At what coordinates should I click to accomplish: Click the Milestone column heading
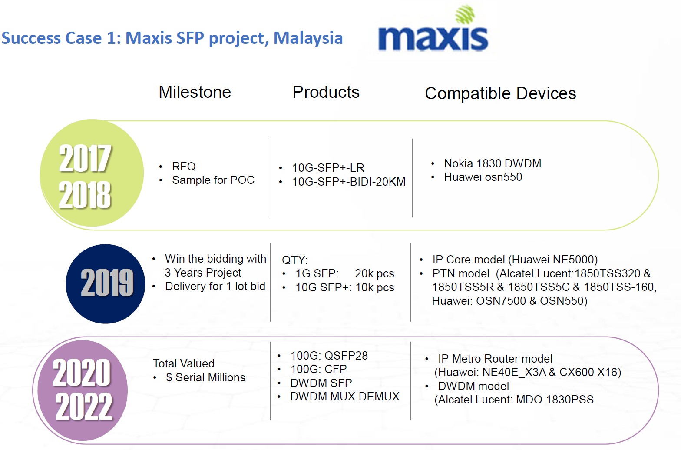point(195,92)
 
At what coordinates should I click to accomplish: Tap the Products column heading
point(326,92)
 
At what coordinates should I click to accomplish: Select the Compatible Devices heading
point(500,93)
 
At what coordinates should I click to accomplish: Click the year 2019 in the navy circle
point(106,283)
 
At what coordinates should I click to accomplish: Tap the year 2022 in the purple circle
point(83,406)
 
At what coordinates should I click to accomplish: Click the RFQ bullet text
point(184,167)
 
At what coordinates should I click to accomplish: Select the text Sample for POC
point(213,180)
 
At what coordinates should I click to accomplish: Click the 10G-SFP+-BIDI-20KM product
point(349,182)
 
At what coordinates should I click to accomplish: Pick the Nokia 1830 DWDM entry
point(492,163)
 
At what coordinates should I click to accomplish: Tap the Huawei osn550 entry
point(483,177)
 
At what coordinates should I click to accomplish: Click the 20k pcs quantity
point(374,273)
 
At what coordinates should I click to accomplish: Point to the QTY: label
point(294,260)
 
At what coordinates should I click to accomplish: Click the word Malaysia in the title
point(308,38)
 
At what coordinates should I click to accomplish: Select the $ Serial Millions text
point(205,377)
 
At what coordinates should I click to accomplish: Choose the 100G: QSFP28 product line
point(329,356)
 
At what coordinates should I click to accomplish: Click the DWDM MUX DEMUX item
point(344,397)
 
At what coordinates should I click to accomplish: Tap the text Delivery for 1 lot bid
point(215,286)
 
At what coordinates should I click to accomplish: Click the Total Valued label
point(183,363)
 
